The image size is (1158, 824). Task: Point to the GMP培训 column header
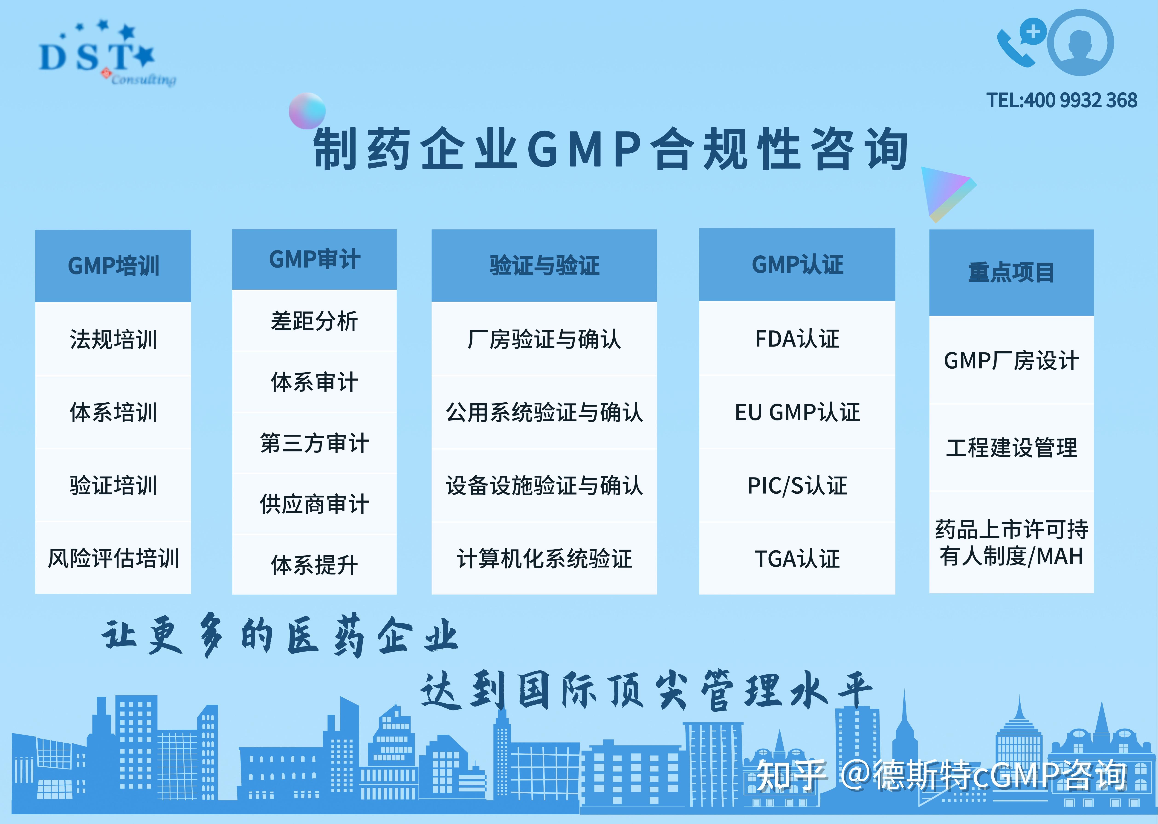(x=113, y=266)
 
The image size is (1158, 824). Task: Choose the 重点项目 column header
(x=1011, y=272)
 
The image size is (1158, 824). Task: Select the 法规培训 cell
(x=113, y=339)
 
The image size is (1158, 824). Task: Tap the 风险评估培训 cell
(x=113, y=558)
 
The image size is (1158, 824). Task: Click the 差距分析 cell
(x=314, y=321)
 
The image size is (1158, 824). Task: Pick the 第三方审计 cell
(x=314, y=443)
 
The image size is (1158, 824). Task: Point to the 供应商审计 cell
(x=314, y=504)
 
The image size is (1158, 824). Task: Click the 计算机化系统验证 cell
(x=544, y=558)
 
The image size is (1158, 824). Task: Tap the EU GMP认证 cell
(x=797, y=412)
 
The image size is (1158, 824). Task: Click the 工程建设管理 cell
(x=1011, y=448)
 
